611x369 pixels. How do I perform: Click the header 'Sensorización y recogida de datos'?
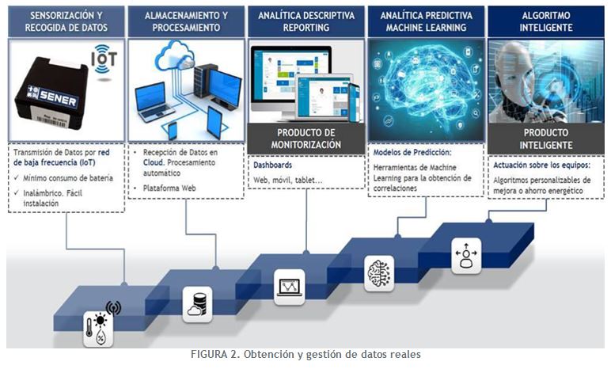66,21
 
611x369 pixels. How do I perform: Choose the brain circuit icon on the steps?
378,272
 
